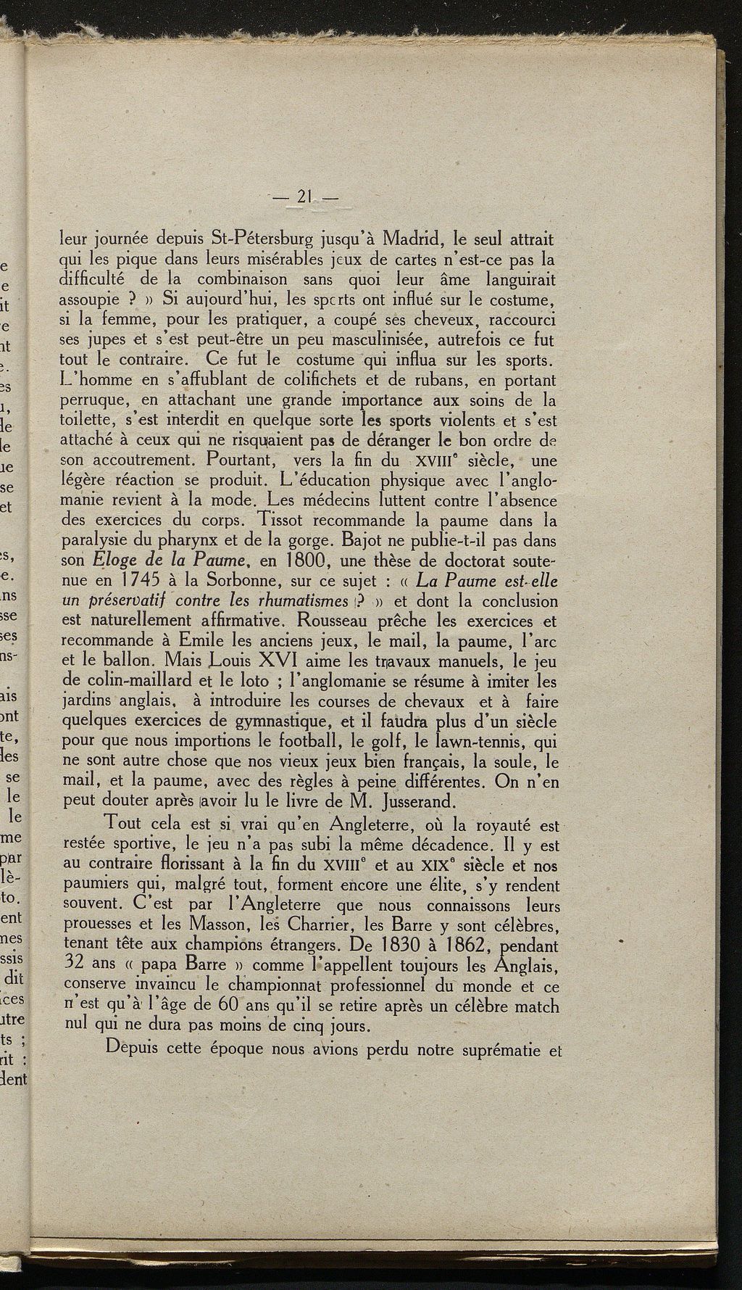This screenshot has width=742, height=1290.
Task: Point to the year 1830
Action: (x=389, y=946)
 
